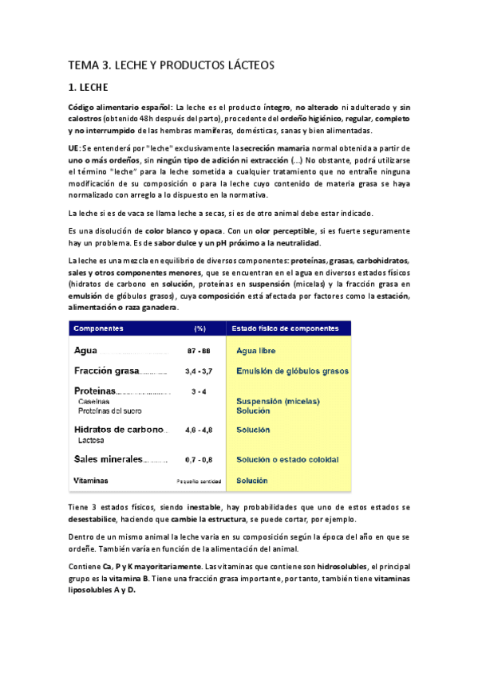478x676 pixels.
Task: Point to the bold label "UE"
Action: point(73,149)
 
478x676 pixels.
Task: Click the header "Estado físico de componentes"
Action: point(285,329)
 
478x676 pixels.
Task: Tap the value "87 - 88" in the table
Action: point(199,352)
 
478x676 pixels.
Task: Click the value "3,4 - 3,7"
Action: point(199,371)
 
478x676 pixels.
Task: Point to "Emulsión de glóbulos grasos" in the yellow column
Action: point(292,371)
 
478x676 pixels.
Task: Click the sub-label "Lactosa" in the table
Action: point(93,439)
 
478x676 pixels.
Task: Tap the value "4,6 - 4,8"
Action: point(199,430)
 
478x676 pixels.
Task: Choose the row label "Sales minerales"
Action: point(108,459)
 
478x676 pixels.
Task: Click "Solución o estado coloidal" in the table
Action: point(287,460)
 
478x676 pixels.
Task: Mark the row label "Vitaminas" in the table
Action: point(91,481)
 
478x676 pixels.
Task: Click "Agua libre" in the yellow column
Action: point(259,351)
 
